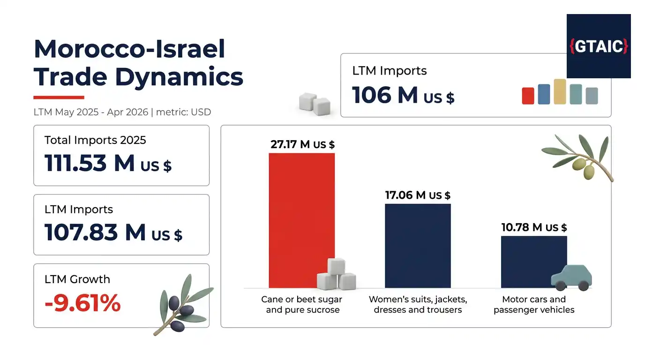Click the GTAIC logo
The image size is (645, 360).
tap(599, 46)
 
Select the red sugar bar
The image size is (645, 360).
tap(302, 220)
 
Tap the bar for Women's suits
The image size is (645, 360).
tap(418, 246)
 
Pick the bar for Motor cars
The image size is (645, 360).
tap(534, 262)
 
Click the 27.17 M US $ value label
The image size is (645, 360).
tap(303, 144)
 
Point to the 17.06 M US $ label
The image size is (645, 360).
tap(418, 195)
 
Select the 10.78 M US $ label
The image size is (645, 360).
tap(534, 227)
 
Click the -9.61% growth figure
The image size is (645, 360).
tap(82, 303)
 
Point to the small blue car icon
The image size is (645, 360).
tap(571, 277)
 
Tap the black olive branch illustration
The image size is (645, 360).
tap(183, 305)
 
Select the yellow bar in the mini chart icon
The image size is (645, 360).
tap(560, 91)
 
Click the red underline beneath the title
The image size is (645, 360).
tap(59, 97)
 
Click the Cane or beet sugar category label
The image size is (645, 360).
tap(302, 304)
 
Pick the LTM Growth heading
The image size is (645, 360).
tap(77, 279)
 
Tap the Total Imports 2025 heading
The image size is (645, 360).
tap(95, 140)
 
